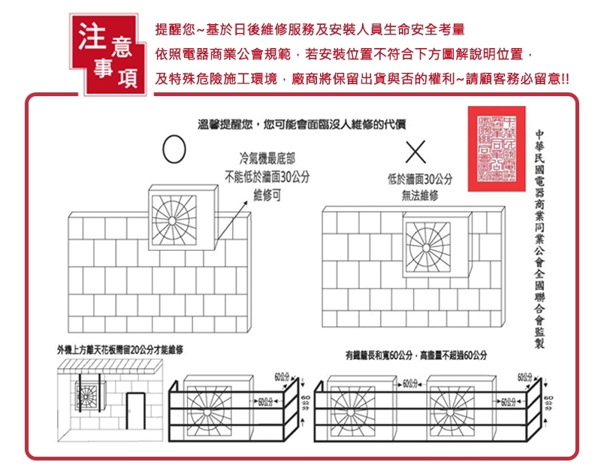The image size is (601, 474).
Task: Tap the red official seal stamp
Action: pos(492,147)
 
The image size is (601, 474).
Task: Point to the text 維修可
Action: pos(267,195)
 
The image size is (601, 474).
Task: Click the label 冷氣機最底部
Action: pos(267,159)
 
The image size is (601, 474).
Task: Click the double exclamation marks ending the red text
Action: pos(565,78)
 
